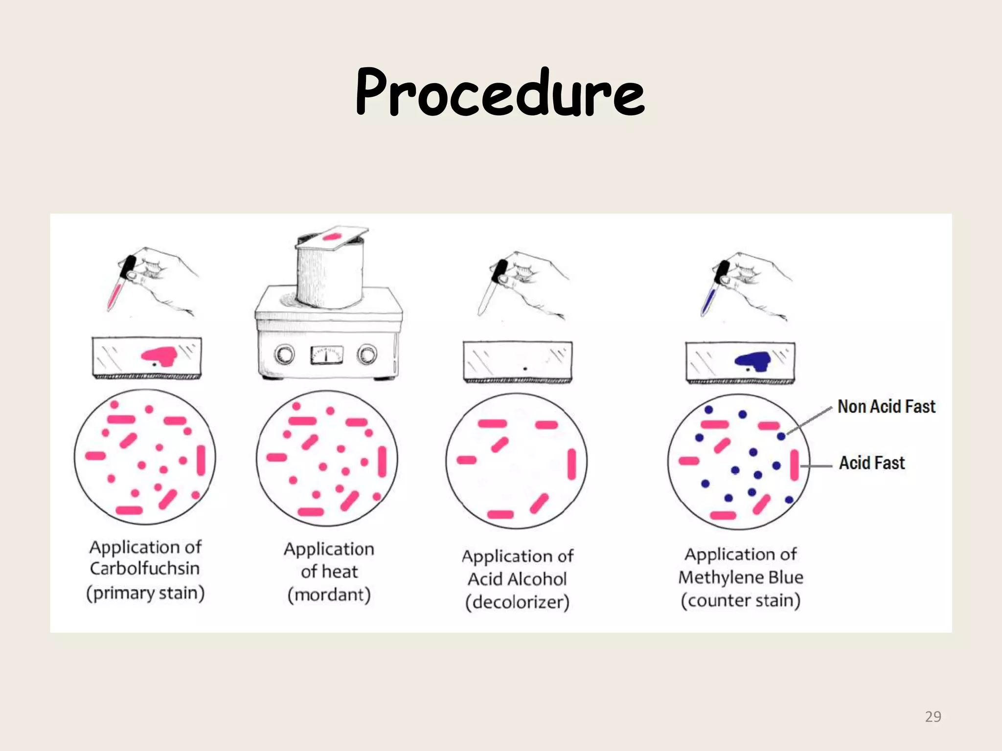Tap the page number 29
(x=933, y=717)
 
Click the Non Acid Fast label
(x=886, y=407)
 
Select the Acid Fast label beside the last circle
(x=872, y=463)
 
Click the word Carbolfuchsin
(x=145, y=569)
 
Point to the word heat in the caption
(x=341, y=572)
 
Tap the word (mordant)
(x=329, y=595)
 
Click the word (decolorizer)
(x=517, y=602)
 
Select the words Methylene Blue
(x=741, y=577)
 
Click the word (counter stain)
(x=741, y=600)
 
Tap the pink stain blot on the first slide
(x=159, y=356)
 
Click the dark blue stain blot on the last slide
(x=753, y=361)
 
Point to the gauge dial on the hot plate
(x=326, y=355)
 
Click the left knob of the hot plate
(x=284, y=354)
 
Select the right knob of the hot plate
(x=367, y=354)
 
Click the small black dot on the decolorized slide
(x=525, y=368)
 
